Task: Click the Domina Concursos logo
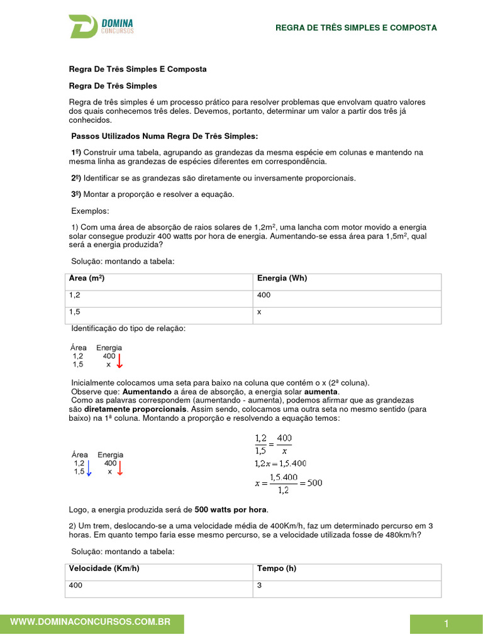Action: click(x=101, y=27)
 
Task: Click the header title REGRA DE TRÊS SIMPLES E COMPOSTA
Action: click(x=356, y=28)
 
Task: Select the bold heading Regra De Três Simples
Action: click(x=113, y=86)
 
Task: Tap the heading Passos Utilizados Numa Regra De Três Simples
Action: click(x=164, y=136)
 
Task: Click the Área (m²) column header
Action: click(x=87, y=278)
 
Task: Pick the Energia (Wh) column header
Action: click(x=282, y=278)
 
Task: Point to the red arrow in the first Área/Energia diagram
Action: click(x=119, y=360)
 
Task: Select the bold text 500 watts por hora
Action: click(x=230, y=509)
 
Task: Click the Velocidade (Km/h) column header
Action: click(x=104, y=569)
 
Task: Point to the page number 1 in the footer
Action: click(x=446, y=624)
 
